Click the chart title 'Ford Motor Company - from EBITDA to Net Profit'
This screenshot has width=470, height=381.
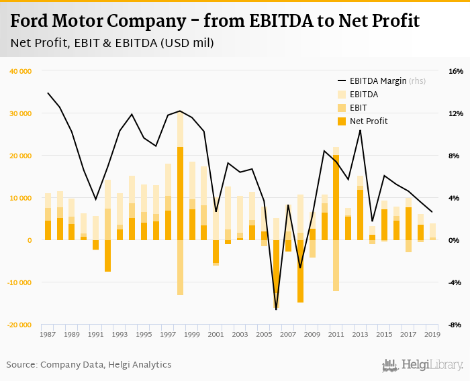click(215, 21)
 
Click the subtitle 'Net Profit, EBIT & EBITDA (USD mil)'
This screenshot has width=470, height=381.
click(112, 44)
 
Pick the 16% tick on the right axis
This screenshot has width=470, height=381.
click(456, 71)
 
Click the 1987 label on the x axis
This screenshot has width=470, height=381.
click(48, 334)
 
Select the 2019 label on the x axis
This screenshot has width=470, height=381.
click(432, 334)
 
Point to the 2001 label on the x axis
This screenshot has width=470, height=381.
click(216, 334)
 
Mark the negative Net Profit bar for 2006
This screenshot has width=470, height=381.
click(276, 272)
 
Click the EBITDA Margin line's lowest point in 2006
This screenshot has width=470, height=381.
click(276, 309)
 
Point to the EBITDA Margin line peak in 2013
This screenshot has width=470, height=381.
click(360, 130)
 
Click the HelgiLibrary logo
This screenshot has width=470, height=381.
click(422, 365)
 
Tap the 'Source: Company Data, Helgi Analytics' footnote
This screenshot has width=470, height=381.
click(89, 365)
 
